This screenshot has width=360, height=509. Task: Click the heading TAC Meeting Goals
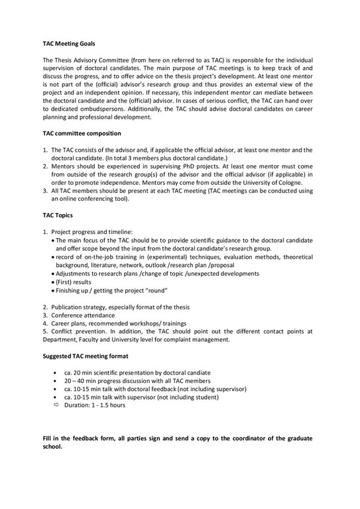pos(69,44)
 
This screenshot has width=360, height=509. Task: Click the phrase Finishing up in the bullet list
pos(78,290)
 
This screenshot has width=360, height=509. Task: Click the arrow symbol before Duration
pos(56,404)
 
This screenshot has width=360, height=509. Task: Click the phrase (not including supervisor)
pos(210,389)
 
